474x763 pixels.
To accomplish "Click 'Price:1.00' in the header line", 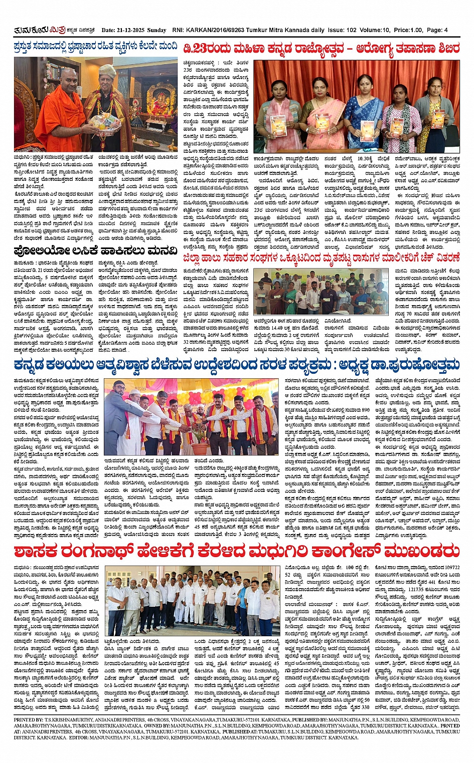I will click(409, 30).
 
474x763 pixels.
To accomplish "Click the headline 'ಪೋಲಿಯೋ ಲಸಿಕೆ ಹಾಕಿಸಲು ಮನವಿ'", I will click(95, 250).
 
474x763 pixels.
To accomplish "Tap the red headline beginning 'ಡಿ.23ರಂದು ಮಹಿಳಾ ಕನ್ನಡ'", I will click(321, 49).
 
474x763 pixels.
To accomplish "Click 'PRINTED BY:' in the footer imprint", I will click(29, 719).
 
